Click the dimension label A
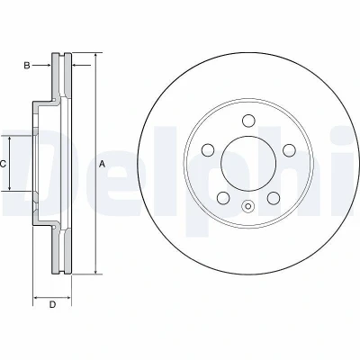click(103, 164)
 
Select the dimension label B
click(27, 65)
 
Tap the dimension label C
click(3, 164)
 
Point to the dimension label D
click(52, 305)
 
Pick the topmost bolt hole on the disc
click(248, 121)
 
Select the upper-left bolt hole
click(208, 150)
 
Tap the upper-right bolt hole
click(290, 150)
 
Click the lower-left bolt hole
click(223, 198)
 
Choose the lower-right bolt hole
click(274, 198)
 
